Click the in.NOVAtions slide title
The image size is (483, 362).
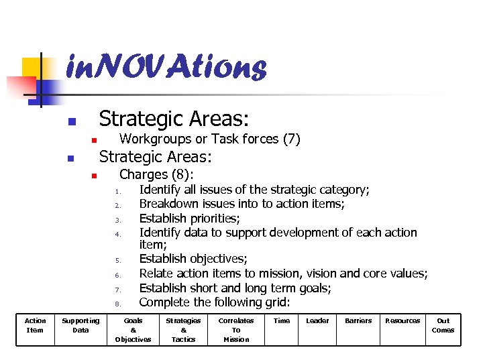166,67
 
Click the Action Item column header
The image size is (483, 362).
35,325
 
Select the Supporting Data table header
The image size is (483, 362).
80,325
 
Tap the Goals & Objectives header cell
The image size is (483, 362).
133,330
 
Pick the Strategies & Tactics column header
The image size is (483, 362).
183,330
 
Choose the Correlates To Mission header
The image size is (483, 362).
236,330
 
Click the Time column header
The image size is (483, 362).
282,321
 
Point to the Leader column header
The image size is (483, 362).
317,321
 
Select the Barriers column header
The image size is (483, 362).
358,321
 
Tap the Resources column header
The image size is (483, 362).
402,321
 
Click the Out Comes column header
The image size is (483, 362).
443,325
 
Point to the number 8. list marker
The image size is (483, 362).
117,304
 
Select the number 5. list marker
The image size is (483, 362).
117,261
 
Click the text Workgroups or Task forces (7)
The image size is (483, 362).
209,139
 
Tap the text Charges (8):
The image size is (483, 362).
156,175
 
